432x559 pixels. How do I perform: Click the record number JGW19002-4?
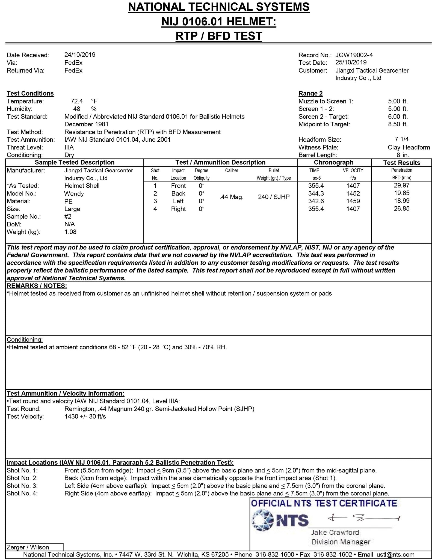pyautogui.click(x=354, y=55)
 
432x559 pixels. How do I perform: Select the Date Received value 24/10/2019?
pyautogui.click(x=80, y=55)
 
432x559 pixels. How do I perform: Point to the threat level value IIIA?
pyautogui.click(x=69, y=147)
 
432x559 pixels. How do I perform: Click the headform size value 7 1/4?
pyautogui.click(x=401, y=139)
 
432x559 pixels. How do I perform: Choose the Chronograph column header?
pyautogui.click(x=334, y=162)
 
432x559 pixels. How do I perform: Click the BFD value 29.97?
pyautogui.click(x=401, y=185)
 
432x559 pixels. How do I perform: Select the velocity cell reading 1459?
pyautogui.click(x=353, y=201)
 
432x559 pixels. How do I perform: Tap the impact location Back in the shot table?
pyautogui.click(x=178, y=194)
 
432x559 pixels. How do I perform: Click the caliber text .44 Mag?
pyautogui.click(x=231, y=197)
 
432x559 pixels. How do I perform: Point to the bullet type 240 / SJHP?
pyautogui.click(x=274, y=197)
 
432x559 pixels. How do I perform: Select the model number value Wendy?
pyautogui.click(x=74, y=194)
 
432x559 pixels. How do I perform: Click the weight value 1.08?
pyautogui.click(x=70, y=232)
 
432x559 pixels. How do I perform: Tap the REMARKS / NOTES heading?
pyautogui.click(x=37, y=286)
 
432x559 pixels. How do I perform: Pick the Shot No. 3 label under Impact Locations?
pyautogui.click(x=22, y=486)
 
